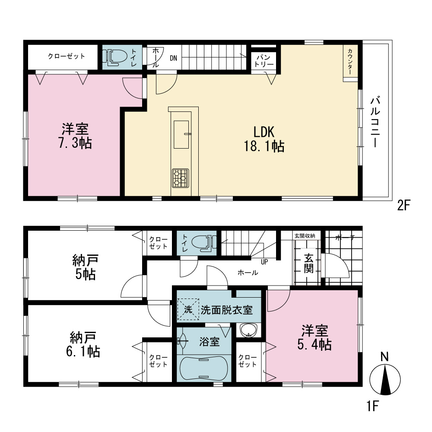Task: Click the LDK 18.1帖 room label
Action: pos(264,139)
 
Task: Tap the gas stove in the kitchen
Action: pos(181,178)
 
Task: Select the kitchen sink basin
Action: pos(181,134)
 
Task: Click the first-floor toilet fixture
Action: pos(204,243)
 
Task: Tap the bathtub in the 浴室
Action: pos(204,368)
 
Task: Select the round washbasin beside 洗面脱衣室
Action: pos(249,330)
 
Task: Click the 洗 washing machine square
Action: pos(188,309)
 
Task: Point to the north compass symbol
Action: pos(385,376)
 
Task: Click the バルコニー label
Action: pos(375,121)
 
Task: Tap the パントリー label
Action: pos(264,61)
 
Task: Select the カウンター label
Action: pos(350,61)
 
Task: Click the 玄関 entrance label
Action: pos(308,263)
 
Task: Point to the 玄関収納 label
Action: pos(305,236)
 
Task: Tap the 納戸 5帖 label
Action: pos(86,267)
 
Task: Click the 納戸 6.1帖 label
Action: pos(83,344)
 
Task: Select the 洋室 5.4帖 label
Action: pos(314,337)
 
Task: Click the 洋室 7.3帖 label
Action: pos(75,136)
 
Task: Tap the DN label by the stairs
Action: pos(174,58)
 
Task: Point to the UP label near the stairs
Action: pos(264,262)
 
